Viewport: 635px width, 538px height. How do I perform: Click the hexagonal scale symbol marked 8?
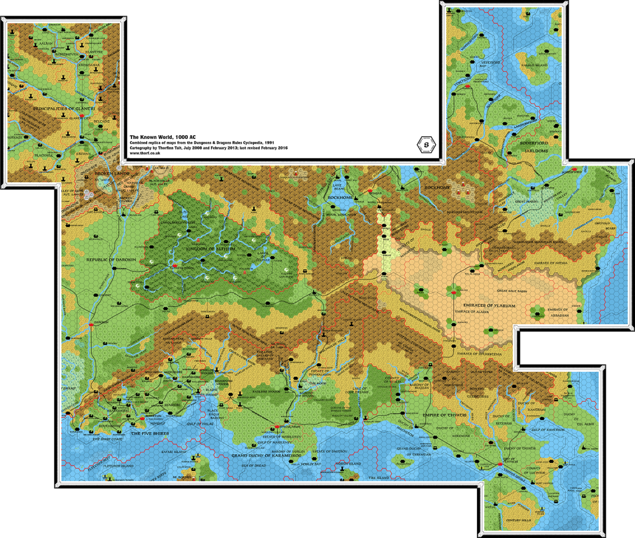[x=426, y=145]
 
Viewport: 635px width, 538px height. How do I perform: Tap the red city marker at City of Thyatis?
[x=499, y=464]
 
